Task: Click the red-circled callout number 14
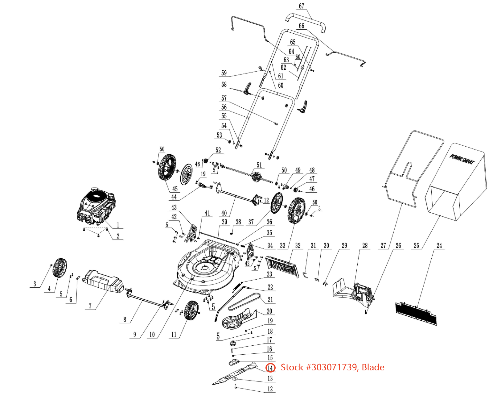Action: coord(270,368)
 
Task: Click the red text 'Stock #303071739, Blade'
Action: coord(332,367)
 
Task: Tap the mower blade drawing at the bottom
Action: coord(234,374)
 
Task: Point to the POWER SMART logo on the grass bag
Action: coord(462,159)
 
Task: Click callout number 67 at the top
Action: coord(302,6)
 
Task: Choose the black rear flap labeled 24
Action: coord(416,313)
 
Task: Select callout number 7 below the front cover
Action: coord(90,306)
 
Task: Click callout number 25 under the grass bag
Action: coord(417,246)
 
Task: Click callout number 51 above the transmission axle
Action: coord(259,165)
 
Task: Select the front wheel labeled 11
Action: coord(191,310)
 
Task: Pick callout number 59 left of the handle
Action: coord(224,73)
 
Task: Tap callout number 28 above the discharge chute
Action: coord(365,246)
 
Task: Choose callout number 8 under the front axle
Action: coord(125,319)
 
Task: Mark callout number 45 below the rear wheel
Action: coord(175,189)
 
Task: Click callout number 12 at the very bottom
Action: coord(270,389)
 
